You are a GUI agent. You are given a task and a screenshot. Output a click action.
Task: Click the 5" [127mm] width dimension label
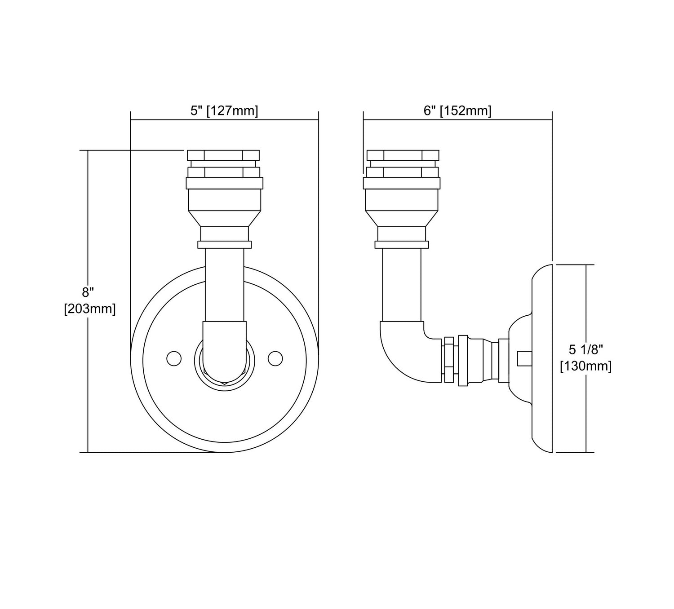224,110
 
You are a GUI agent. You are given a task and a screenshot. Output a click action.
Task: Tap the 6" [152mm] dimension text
457,110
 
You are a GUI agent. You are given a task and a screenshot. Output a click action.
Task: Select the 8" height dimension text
87,292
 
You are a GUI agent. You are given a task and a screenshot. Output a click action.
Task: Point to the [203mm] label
90,309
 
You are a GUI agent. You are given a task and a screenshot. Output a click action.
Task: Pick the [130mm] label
585,366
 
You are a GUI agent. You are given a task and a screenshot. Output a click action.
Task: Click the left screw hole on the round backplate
174,358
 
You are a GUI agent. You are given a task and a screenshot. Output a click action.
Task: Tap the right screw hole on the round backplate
275,358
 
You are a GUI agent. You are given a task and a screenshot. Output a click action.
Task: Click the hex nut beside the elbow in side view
449,360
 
